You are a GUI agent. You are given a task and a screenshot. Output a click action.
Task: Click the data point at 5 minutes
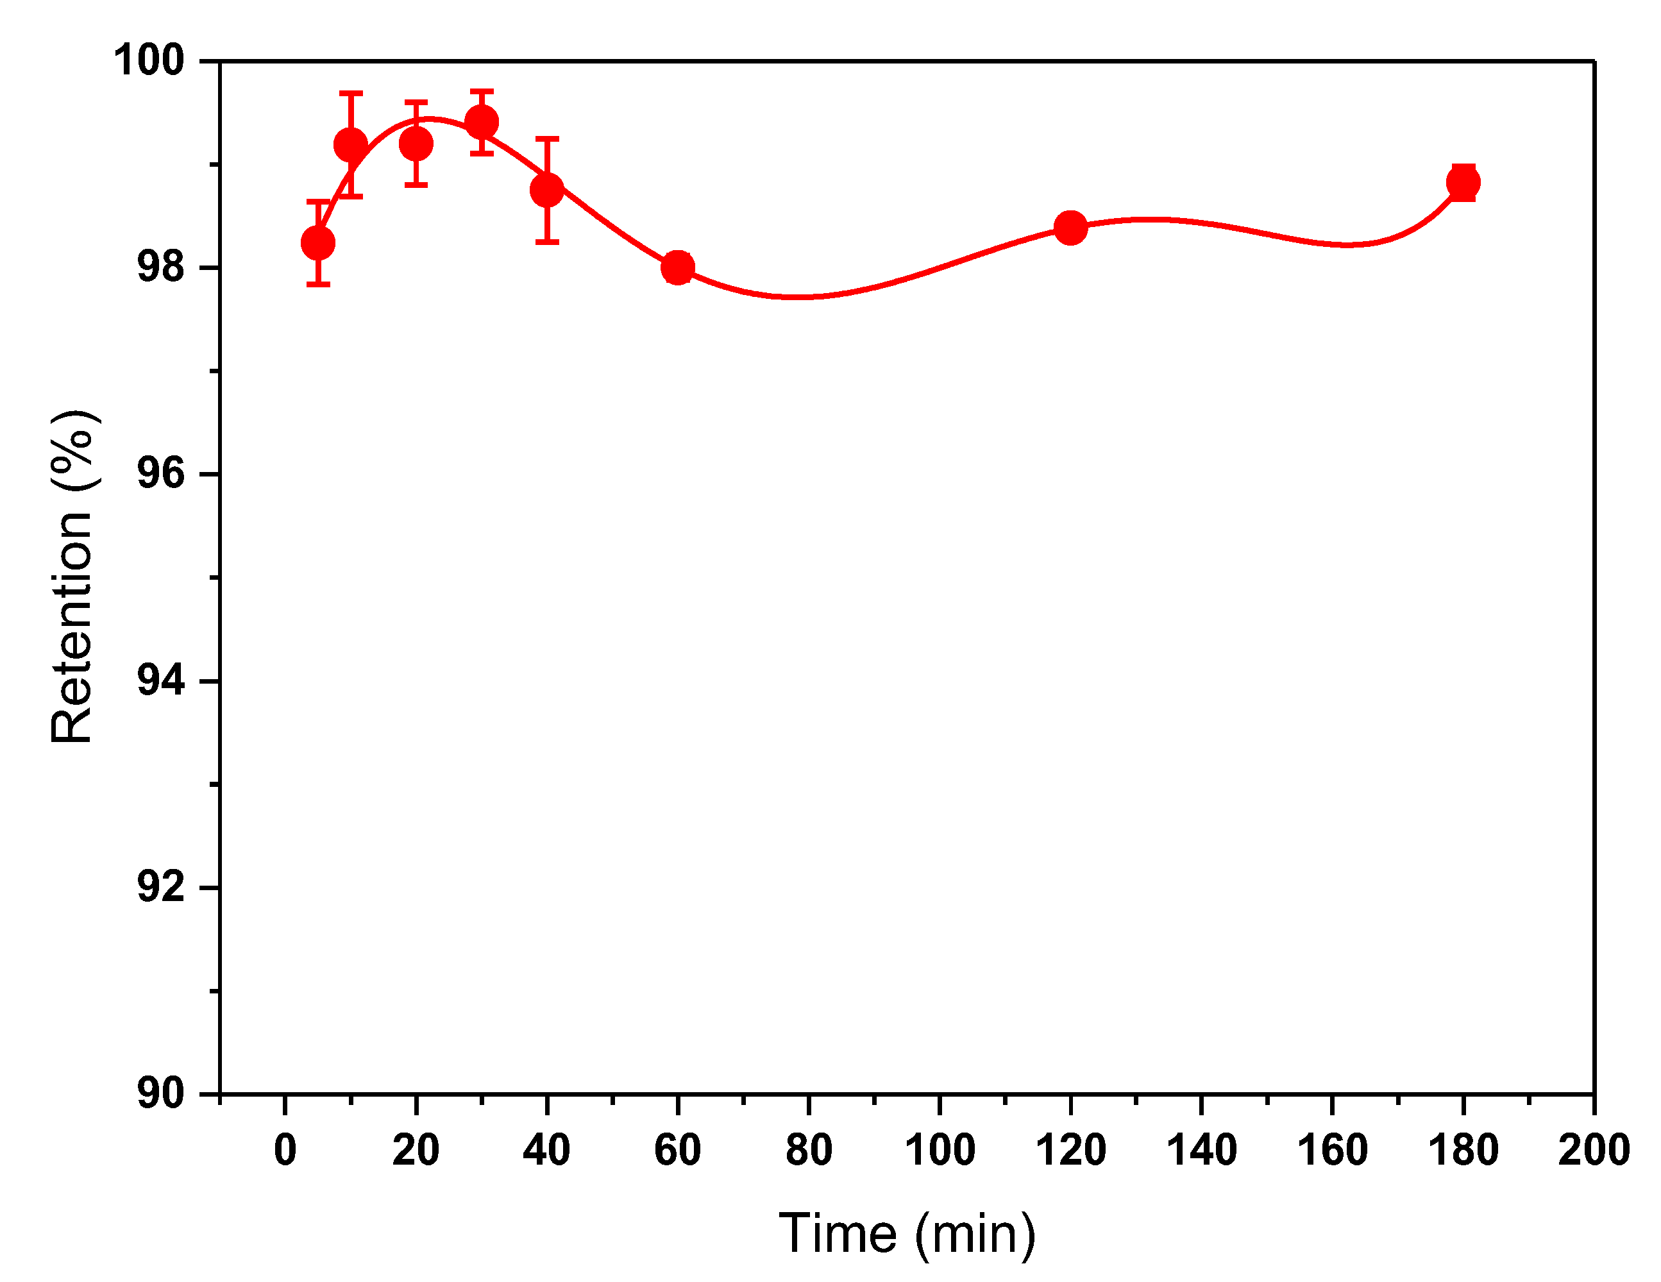318,243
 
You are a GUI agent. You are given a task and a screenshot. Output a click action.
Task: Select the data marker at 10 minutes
351,144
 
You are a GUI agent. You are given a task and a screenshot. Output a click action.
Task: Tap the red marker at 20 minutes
416,144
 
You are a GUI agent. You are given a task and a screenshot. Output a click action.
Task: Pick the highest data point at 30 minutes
482,122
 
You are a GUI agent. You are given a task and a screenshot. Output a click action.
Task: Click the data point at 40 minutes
547,189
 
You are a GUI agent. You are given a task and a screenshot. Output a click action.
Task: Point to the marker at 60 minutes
678,267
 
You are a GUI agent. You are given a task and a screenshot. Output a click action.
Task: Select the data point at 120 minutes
1070,228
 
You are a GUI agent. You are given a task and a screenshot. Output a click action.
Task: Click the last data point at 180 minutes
1462,183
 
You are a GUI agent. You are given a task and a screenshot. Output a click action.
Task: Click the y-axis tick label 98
160,267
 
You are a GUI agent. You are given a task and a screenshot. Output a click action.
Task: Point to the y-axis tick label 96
160,474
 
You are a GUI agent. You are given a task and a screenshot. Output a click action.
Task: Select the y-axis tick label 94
160,680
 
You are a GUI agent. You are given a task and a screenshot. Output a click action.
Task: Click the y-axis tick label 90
160,1093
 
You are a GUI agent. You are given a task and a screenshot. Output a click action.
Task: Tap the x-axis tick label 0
285,1151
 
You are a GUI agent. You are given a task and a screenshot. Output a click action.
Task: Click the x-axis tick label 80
809,1151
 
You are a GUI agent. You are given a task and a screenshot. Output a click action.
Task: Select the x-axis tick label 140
1201,1151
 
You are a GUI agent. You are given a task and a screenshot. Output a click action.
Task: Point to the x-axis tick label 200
1593,1151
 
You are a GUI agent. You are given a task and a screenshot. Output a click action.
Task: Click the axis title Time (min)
907,1233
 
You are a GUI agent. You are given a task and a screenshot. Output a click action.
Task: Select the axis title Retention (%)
72,577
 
